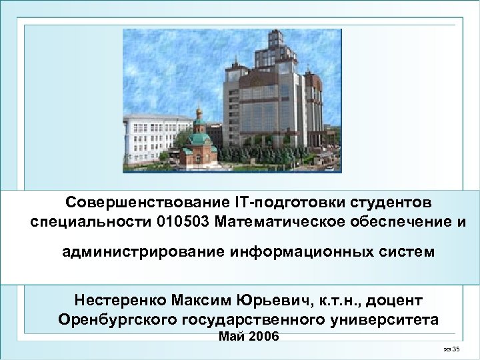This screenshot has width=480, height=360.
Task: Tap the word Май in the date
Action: (230, 336)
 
